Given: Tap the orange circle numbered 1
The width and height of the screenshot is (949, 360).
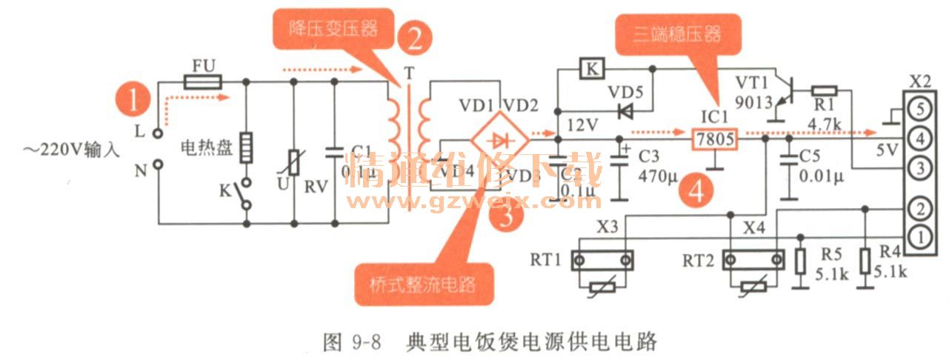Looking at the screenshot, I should [134, 100].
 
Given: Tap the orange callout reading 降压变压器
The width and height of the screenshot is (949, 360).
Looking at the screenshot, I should [333, 30].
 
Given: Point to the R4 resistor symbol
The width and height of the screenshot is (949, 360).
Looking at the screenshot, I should [865, 261].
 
